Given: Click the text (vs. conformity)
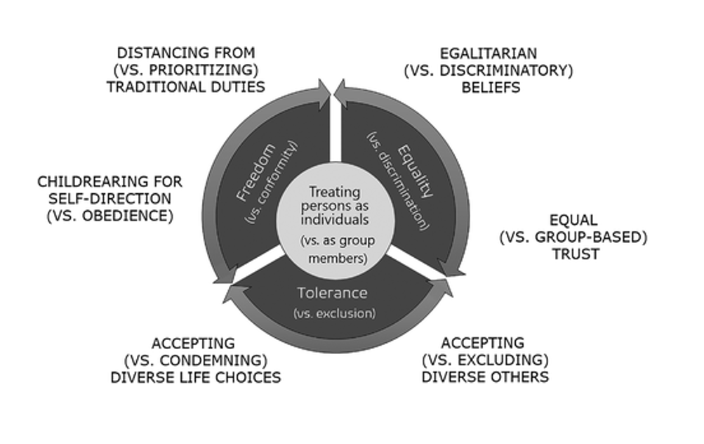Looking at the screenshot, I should tap(272, 183).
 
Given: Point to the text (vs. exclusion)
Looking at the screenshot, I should tap(335, 313).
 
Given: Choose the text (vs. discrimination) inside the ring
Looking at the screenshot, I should tap(397, 181).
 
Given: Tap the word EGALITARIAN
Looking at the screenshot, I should tap(488, 53).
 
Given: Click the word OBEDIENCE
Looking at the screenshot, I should tap(135, 216).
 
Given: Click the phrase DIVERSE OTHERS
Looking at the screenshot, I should tap(485, 377).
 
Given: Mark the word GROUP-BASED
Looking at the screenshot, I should tap(599, 237).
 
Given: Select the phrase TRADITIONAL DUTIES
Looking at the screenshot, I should tap(185, 87).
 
